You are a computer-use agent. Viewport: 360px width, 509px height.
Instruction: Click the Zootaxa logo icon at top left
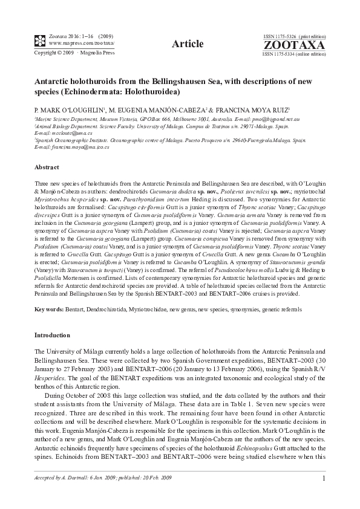(39, 41)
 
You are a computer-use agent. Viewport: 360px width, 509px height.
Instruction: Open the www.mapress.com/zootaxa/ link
(76, 44)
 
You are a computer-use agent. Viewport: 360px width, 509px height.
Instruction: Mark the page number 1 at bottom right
(324, 479)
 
